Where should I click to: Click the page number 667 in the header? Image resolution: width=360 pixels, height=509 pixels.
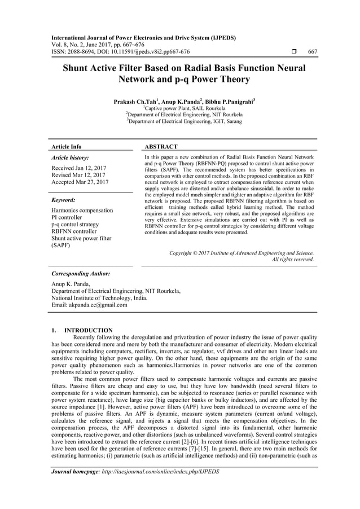[312, 52]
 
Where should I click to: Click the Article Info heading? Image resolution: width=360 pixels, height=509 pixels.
[66, 147]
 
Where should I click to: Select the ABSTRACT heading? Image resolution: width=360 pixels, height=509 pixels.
[161, 147]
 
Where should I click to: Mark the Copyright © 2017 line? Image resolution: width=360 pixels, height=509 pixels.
[242, 253]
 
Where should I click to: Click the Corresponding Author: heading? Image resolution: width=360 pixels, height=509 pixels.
[80, 274]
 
